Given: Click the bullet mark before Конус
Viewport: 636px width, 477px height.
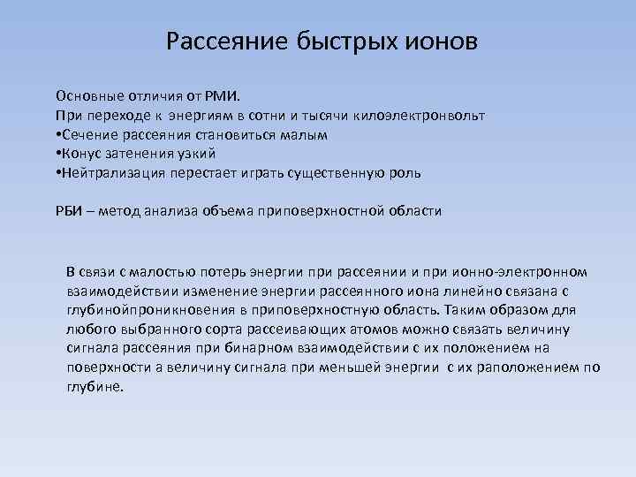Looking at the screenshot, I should [x=58, y=154].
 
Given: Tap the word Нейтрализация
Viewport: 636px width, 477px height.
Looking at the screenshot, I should [x=110, y=173].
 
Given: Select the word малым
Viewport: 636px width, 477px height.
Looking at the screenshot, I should [x=307, y=134].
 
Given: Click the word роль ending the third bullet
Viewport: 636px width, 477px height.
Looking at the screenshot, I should [x=406, y=173].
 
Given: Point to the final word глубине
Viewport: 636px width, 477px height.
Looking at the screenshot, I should [x=95, y=387].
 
